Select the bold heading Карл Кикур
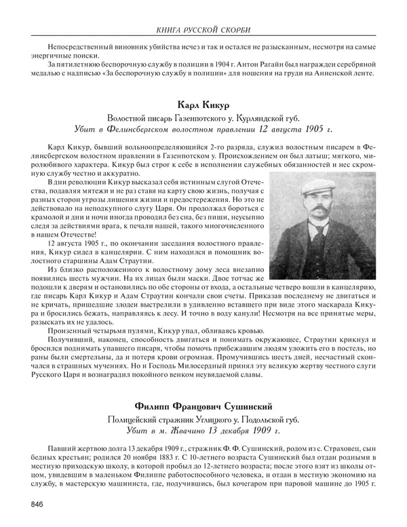(x=203, y=106)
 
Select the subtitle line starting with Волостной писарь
(x=203, y=118)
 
